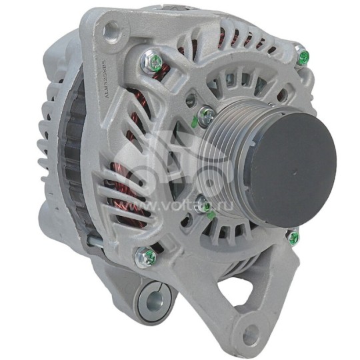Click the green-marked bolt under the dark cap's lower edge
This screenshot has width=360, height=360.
tap(293, 236)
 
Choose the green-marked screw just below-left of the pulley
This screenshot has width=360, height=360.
tap(206, 207)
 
